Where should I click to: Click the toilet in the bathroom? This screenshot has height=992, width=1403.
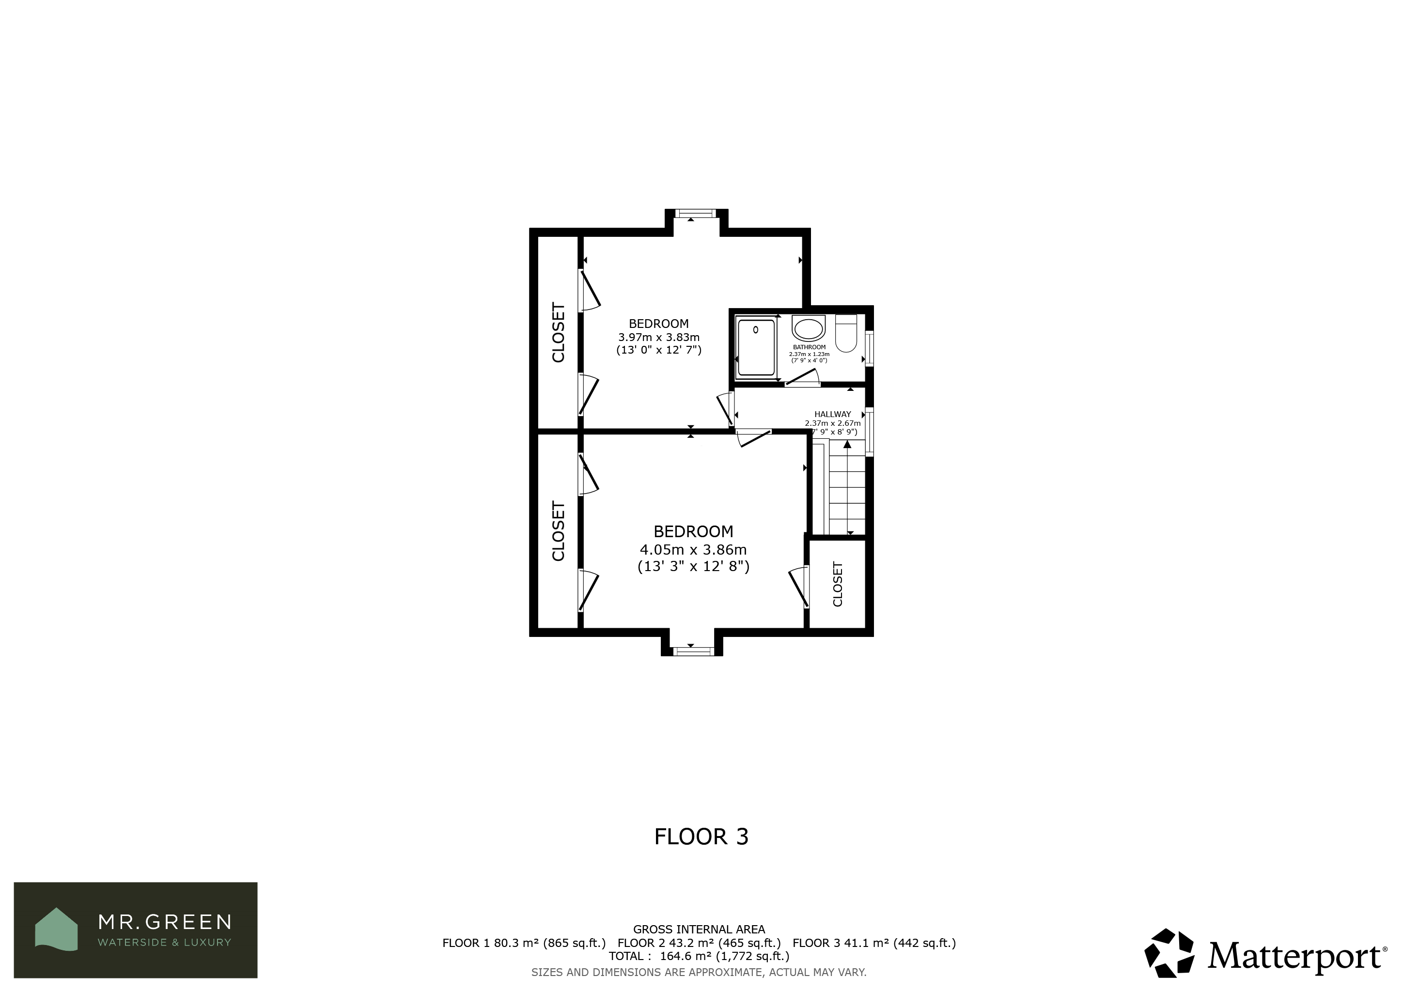846,334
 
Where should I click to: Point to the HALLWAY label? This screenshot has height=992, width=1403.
832,414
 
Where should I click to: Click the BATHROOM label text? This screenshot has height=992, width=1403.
809,347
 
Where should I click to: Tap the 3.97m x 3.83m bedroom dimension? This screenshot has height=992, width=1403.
659,337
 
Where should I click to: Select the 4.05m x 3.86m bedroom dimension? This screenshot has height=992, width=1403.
693,550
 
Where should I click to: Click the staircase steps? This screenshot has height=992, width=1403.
847,488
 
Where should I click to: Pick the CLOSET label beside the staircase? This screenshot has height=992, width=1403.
838,585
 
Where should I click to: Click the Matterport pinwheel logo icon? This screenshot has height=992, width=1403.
1169,954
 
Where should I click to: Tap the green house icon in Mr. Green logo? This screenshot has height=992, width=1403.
56,929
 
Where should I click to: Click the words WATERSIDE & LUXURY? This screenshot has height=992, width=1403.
164,943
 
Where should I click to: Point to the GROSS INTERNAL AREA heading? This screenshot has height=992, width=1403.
699,929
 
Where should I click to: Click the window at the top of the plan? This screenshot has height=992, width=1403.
695,214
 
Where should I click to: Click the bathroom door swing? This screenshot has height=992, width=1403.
802,378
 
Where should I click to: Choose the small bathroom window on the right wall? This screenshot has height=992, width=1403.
870,348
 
